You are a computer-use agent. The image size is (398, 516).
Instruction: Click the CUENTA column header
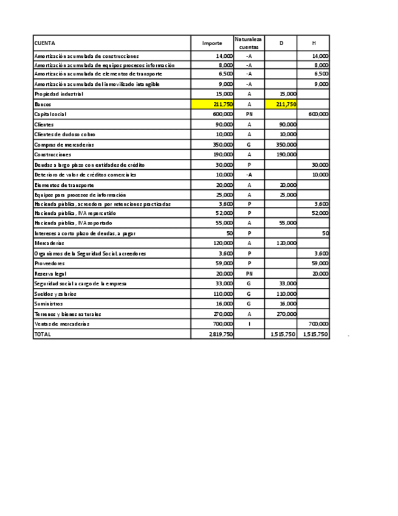point(44,43)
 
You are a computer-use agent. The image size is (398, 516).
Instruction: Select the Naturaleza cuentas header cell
point(249,43)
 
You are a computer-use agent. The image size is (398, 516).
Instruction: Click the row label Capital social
point(50,114)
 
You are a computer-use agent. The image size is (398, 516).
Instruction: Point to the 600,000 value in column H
point(318,114)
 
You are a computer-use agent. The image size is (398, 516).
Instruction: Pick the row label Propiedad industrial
point(59,94)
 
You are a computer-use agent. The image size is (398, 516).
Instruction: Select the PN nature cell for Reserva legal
point(249,274)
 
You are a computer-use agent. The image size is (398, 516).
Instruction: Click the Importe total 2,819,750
point(221,334)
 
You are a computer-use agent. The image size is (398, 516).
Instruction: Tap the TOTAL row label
point(43,334)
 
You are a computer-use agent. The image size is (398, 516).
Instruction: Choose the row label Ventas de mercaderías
point(61,324)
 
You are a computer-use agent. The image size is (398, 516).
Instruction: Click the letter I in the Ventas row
point(249,324)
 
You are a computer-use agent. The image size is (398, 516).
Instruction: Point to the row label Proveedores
point(50,263)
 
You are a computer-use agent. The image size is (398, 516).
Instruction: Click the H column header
point(314,43)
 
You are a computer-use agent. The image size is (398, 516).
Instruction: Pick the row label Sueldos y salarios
point(55,294)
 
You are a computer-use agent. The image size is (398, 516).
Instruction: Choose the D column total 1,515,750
point(283,334)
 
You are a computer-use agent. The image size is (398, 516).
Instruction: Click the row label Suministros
point(49,304)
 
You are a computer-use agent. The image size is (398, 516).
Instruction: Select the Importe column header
point(212,43)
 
